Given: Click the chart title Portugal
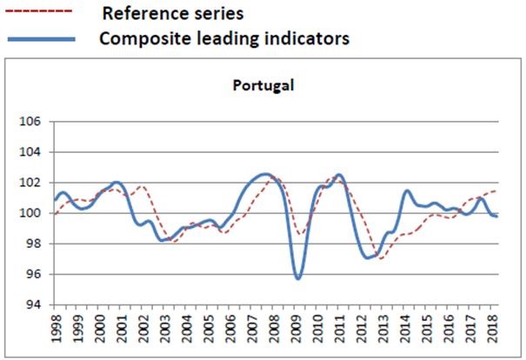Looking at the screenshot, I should [263, 85].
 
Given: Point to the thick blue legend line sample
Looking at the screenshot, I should [40, 39].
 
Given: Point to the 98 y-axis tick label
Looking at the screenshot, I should [34, 243].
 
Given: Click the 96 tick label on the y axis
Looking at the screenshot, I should [34, 274].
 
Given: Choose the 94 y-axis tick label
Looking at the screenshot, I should [34, 304].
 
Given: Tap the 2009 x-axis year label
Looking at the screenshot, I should [296, 329].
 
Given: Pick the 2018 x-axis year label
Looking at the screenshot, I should [493, 329].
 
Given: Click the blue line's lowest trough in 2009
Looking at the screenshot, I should [298, 278].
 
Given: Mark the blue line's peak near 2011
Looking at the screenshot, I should [339, 175].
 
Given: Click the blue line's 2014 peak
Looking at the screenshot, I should [407, 190].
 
